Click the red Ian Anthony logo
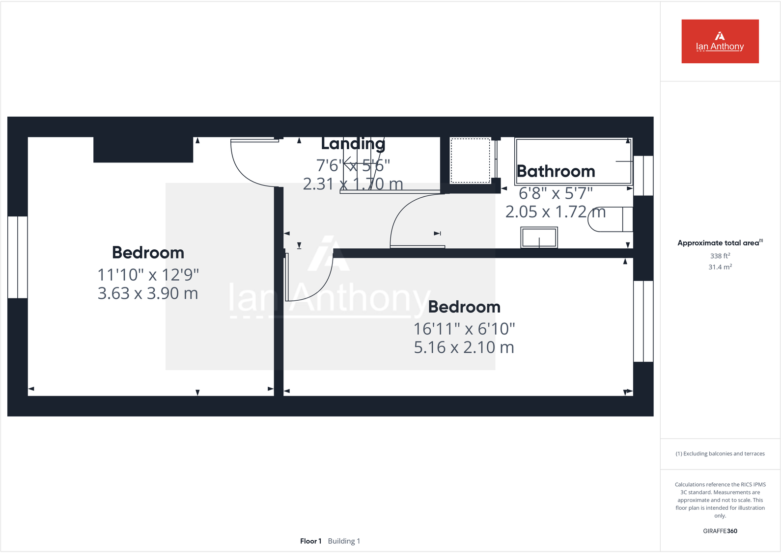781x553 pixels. pyautogui.click(x=720, y=41)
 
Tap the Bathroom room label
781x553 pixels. pyautogui.click(x=556, y=171)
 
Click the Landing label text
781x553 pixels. pyautogui.click(x=353, y=143)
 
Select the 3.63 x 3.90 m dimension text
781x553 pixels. pyautogui.click(x=148, y=293)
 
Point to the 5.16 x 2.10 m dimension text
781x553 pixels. pyautogui.click(x=464, y=347)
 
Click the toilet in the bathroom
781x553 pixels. pyautogui.click(x=609, y=219)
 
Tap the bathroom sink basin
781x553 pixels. pyautogui.click(x=539, y=237)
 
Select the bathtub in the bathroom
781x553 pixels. pyautogui.click(x=573, y=160)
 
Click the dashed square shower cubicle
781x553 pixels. pyautogui.click(x=470, y=160)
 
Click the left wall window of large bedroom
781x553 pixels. pyautogui.click(x=18, y=257)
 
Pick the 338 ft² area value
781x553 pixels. pyautogui.click(x=720, y=256)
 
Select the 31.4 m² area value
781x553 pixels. pyautogui.click(x=720, y=267)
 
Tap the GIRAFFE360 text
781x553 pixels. pyautogui.click(x=720, y=531)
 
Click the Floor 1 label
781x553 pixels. pyautogui.click(x=310, y=541)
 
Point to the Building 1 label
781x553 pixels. pyautogui.click(x=344, y=541)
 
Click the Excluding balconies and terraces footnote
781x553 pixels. pyautogui.click(x=720, y=454)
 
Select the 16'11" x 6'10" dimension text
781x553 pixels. pyautogui.click(x=464, y=329)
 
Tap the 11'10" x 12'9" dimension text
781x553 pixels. pyautogui.click(x=148, y=275)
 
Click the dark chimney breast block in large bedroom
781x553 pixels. pyautogui.click(x=143, y=150)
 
